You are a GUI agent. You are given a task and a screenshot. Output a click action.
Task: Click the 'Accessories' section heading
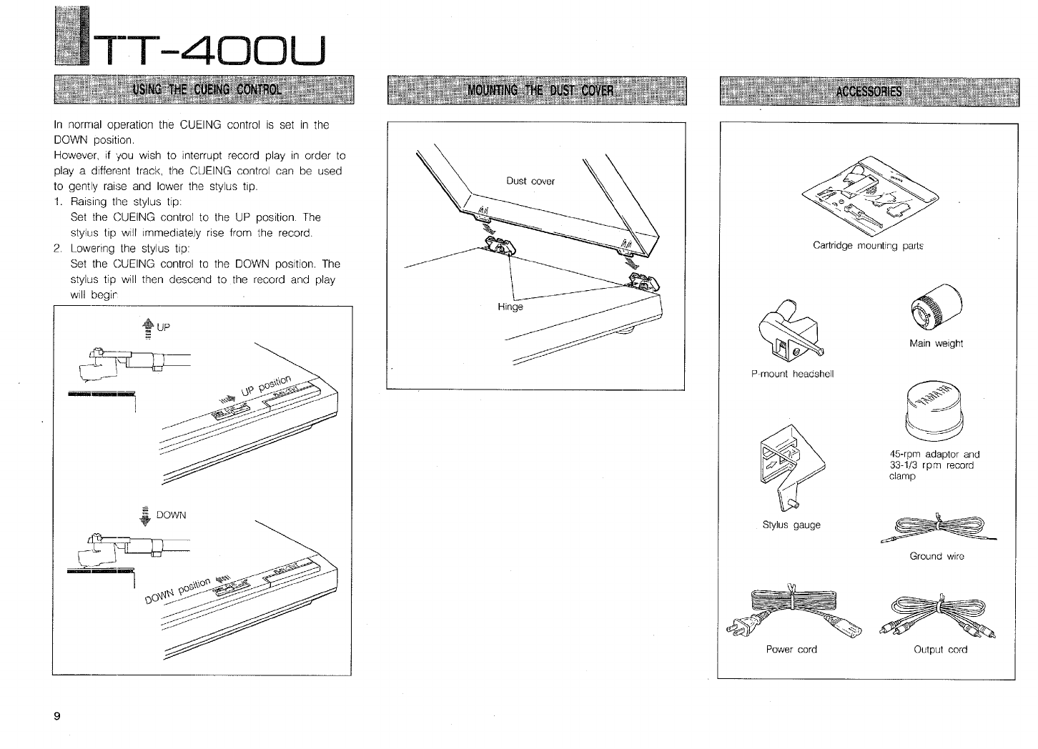pyautogui.click(x=869, y=91)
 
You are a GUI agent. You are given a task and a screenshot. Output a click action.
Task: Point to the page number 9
pyautogui.click(x=56, y=717)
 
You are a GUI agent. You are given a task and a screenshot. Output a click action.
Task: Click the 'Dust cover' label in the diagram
pyautogui.click(x=530, y=181)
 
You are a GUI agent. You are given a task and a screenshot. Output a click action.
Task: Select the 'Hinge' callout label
pyautogui.click(x=510, y=307)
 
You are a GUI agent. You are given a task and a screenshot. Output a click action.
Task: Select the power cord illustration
pyautogui.click(x=790, y=615)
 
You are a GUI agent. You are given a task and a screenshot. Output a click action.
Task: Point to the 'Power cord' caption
pyautogui.click(x=791, y=650)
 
